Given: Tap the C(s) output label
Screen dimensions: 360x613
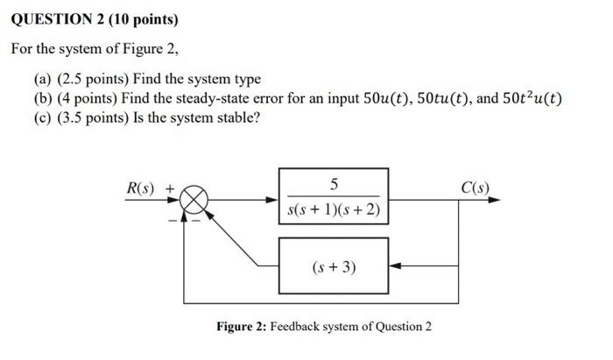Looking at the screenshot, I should pos(476,187).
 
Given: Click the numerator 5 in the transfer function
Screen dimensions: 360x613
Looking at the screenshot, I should pos(334,185).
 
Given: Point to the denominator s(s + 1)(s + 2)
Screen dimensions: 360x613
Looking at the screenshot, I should pos(334,212).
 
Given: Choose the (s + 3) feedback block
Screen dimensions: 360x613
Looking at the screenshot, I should pos(334,265).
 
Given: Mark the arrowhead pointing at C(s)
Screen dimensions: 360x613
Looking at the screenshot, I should pos(497,201).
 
